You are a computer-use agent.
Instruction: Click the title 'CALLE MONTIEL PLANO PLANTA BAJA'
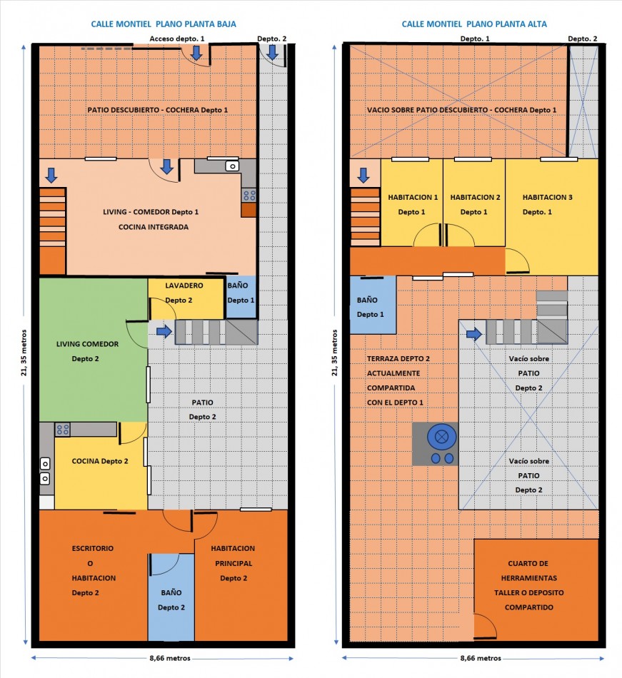tap(164, 24)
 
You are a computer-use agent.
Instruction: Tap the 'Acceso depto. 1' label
tap(177, 39)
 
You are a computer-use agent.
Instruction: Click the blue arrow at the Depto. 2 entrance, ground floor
tap(273, 52)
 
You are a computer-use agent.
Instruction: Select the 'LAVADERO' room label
tap(184, 285)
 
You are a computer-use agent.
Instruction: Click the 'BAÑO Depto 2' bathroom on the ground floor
tap(171, 597)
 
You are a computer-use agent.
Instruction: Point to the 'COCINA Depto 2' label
tap(100, 461)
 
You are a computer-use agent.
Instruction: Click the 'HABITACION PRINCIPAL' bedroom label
tap(233, 556)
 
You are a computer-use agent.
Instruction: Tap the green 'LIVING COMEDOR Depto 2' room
tap(93, 350)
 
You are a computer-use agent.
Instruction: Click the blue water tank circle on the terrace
tap(441, 437)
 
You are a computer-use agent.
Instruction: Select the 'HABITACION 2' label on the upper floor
tap(475, 197)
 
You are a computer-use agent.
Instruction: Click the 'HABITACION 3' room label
tap(547, 197)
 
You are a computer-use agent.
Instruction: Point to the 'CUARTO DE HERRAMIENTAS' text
tap(528, 571)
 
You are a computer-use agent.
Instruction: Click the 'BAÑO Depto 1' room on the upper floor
tap(373, 305)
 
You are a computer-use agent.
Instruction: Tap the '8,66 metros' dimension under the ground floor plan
tap(170, 658)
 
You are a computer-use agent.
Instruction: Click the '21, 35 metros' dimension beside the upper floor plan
tap(335, 353)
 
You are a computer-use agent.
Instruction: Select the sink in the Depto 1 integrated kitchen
tap(232, 166)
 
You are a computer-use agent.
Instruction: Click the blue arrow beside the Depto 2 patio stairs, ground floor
tap(164, 332)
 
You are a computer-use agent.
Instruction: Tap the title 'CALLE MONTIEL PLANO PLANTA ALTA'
tap(474, 24)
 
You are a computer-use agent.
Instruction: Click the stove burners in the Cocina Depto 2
tap(62, 430)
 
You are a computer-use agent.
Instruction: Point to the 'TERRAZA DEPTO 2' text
tap(398, 358)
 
